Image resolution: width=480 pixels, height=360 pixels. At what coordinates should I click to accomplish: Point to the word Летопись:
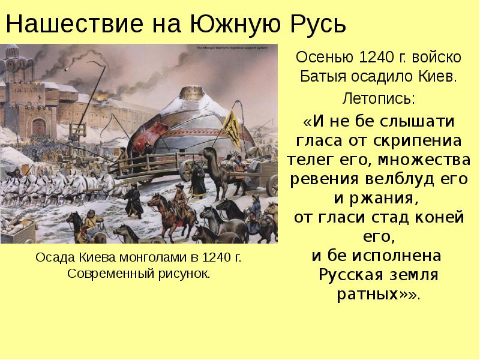[x=377, y=97]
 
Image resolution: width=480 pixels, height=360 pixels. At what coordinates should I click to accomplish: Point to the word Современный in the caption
[x=109, y=274]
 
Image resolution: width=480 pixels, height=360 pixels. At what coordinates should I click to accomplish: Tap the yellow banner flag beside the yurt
[x=232, y=127]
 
